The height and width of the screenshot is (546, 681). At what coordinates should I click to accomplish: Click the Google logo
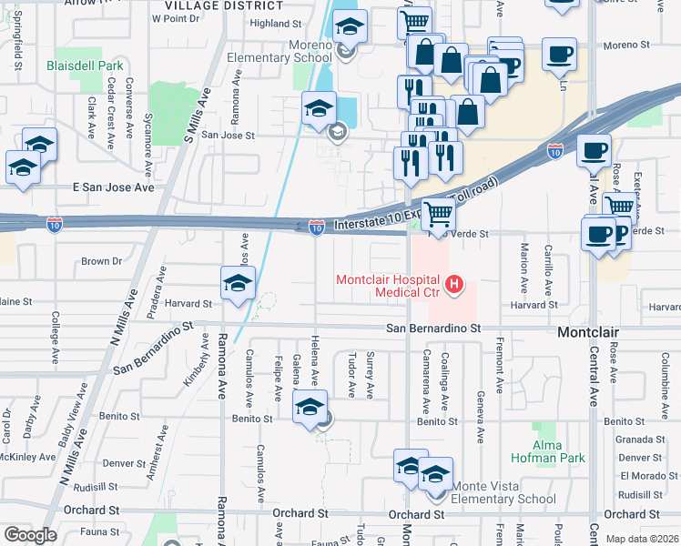click(x=30, y=534)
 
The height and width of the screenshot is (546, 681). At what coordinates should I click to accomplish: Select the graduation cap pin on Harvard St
click(x=238, y=283)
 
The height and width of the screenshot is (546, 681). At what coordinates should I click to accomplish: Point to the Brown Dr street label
click(x=101, y=261)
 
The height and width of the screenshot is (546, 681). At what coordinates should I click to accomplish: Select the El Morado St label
click(x=643, y=476)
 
